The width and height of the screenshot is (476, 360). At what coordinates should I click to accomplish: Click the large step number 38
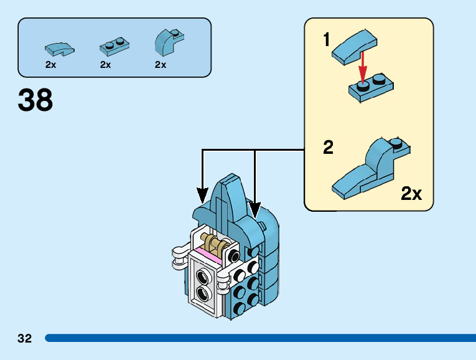pyautogui.click(x=35, y=100)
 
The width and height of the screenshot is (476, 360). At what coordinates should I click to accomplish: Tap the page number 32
pyautogui.click(x=24, y=339)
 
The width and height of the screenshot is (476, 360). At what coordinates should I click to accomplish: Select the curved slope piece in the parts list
pyautogui.click(x=59, y=47)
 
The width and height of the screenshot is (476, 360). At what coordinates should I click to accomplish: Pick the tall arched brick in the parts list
pyautogui.click(x=167, y=42)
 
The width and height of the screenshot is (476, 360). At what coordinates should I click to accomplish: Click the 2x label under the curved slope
pyautogui.click(x=50, y=65)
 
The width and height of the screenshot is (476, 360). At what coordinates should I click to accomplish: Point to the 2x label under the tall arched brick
pyautogui.click(x=161, y=65)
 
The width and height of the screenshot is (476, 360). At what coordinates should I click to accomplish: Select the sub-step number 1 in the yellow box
pyautogui.click(x=327, y=40)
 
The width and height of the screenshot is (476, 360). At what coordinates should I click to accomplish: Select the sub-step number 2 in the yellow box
pyautogui.click(x=329, y=148)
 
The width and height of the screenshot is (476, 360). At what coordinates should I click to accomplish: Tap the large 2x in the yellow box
pyautogui.click(x=411, y=194)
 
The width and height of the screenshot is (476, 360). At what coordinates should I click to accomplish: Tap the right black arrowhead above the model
pyautogui.click(x=254, y=207)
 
